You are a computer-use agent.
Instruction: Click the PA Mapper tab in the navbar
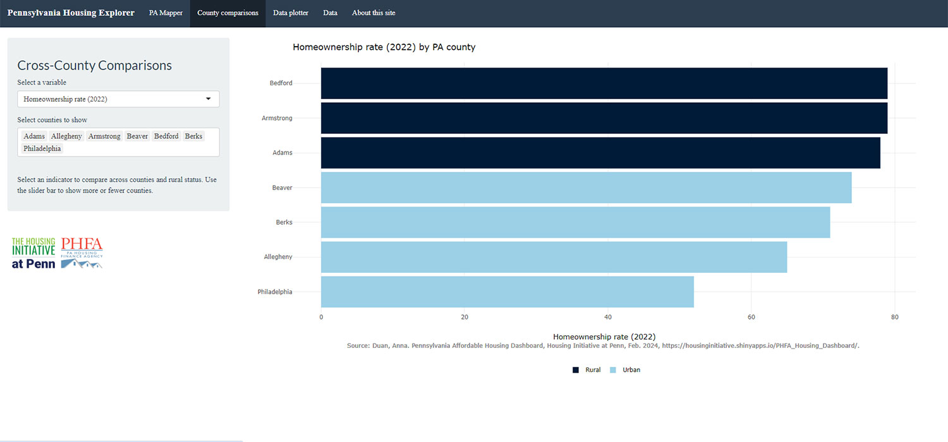166,13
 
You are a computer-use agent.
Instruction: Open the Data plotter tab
291,13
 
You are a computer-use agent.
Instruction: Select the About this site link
374,13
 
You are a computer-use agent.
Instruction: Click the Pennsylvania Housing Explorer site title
71,13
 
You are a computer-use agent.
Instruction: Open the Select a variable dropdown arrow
209,99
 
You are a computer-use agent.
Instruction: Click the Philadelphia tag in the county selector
42,148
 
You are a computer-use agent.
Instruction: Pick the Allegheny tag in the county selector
66,136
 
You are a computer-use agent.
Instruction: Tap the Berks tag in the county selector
193,136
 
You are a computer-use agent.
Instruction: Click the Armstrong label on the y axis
277,118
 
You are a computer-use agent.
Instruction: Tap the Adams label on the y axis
282,153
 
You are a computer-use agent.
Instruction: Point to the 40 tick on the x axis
608,317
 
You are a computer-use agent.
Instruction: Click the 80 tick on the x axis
894,317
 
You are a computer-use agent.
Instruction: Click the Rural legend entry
587,370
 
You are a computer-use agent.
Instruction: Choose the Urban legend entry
625,370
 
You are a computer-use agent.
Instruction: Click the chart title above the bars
384,47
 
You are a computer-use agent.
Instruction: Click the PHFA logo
82,253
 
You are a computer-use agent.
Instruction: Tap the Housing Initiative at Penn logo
33,253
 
